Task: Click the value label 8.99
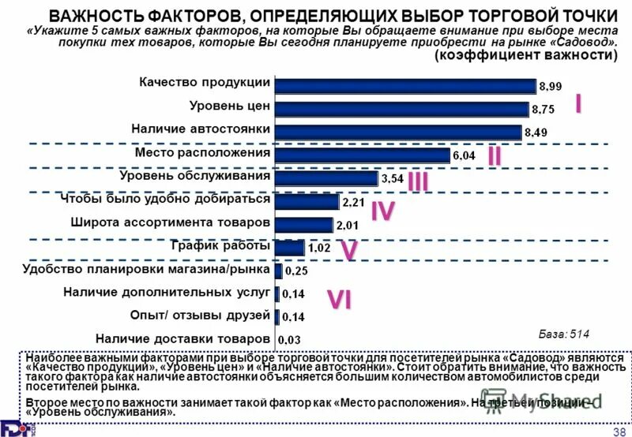550,86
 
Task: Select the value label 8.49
536,133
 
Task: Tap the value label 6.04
464,155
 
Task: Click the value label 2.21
352,202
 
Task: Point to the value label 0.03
294,340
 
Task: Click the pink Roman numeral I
578,103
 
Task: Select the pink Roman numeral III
418,181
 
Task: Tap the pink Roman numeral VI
340,300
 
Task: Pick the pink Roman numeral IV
382,211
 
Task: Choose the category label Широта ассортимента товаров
171,222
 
